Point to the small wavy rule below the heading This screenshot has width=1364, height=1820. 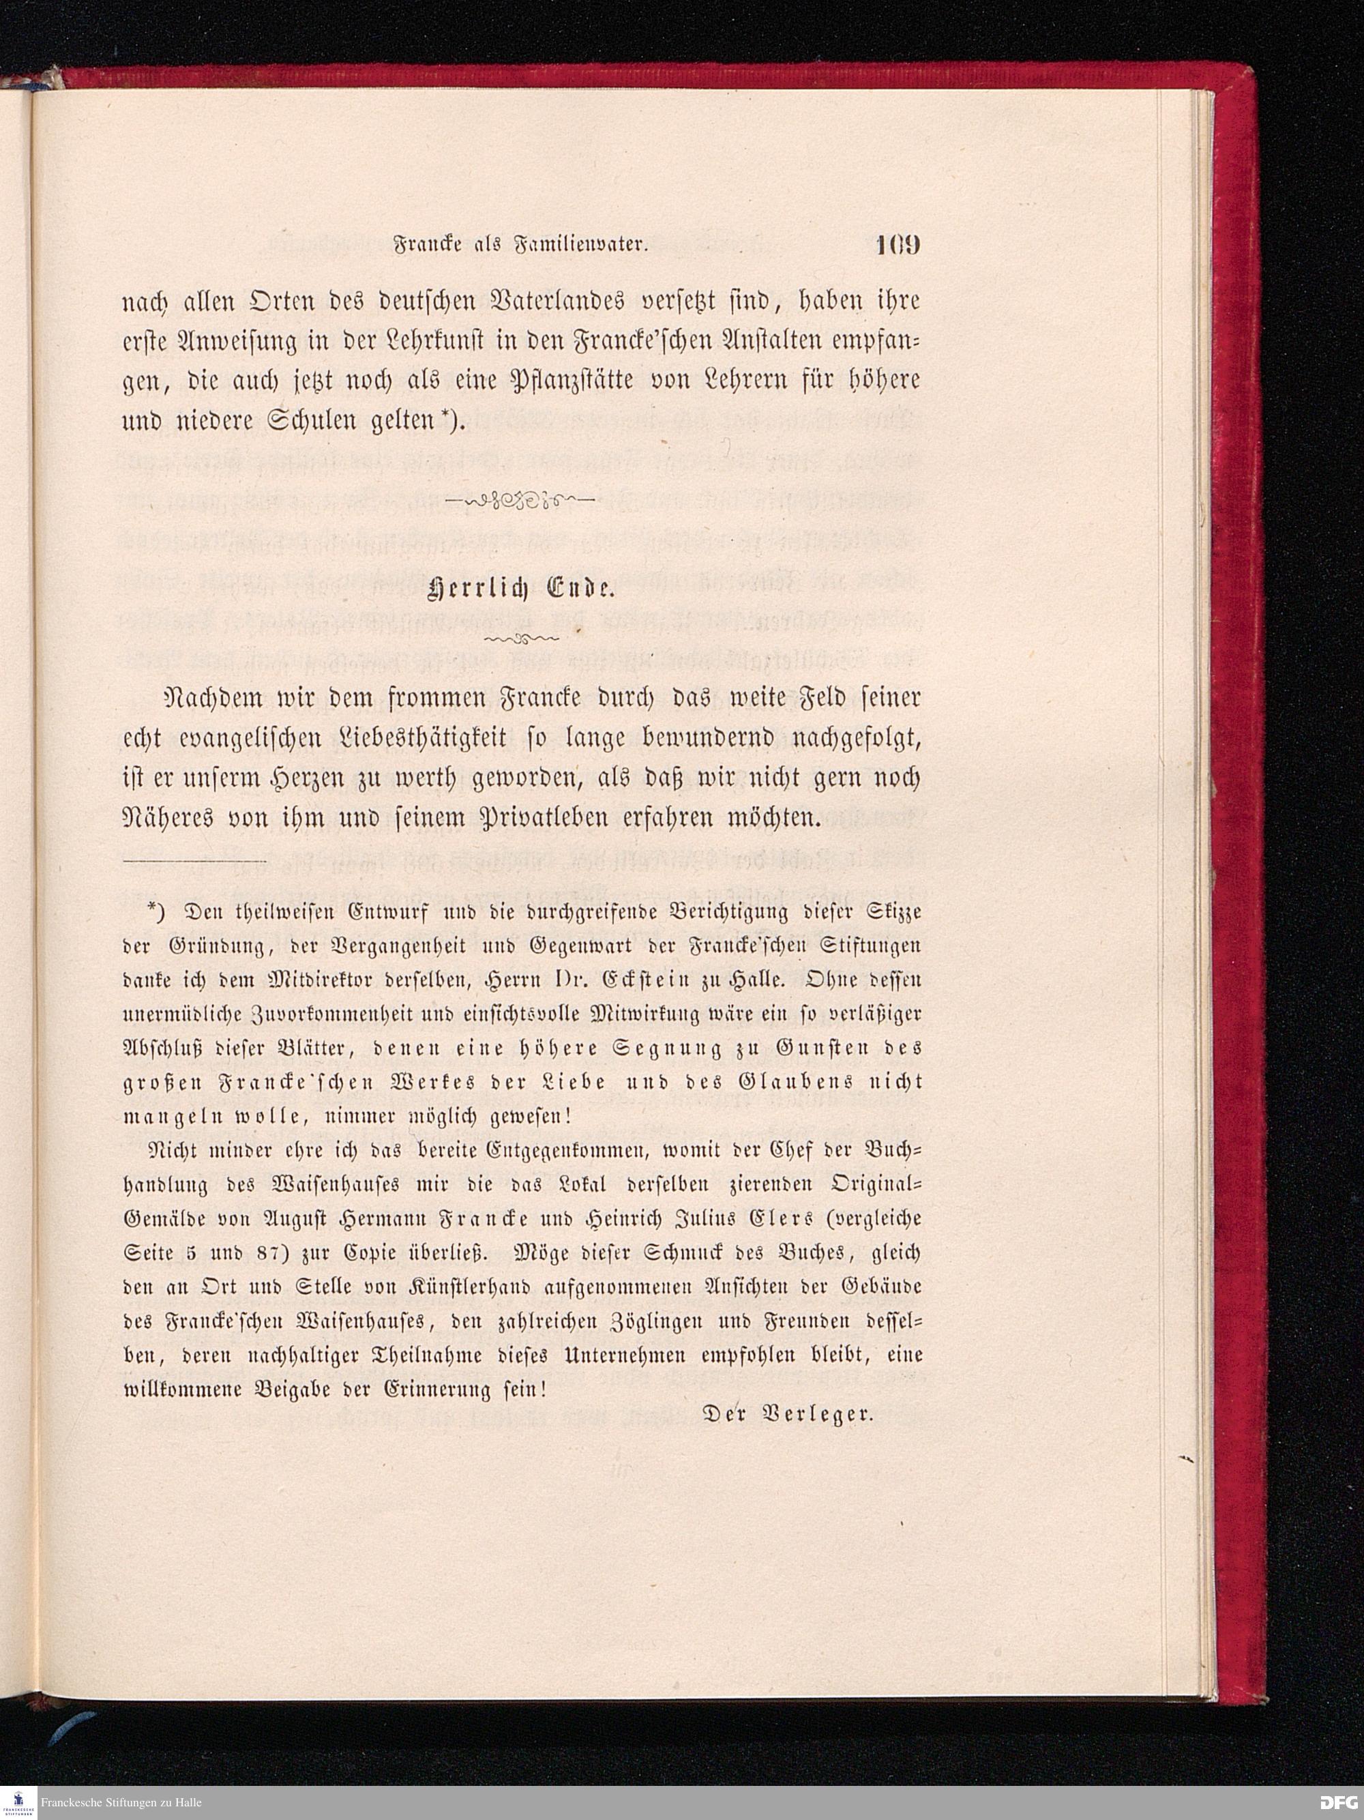pos(520,638)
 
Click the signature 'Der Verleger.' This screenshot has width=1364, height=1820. pos(786,1414)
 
